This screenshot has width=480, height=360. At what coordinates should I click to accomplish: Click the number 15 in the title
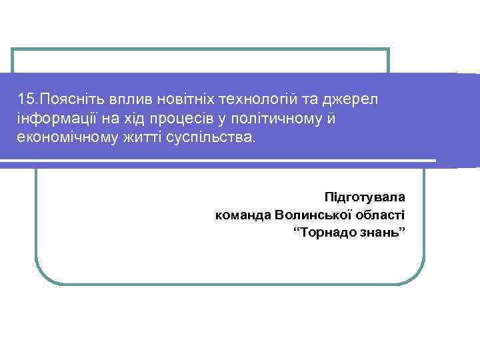click(x=27, y=100)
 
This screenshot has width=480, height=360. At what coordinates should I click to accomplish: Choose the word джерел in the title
click(x=351, y=100)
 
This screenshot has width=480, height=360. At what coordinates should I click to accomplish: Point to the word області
click(x=382, y=215)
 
